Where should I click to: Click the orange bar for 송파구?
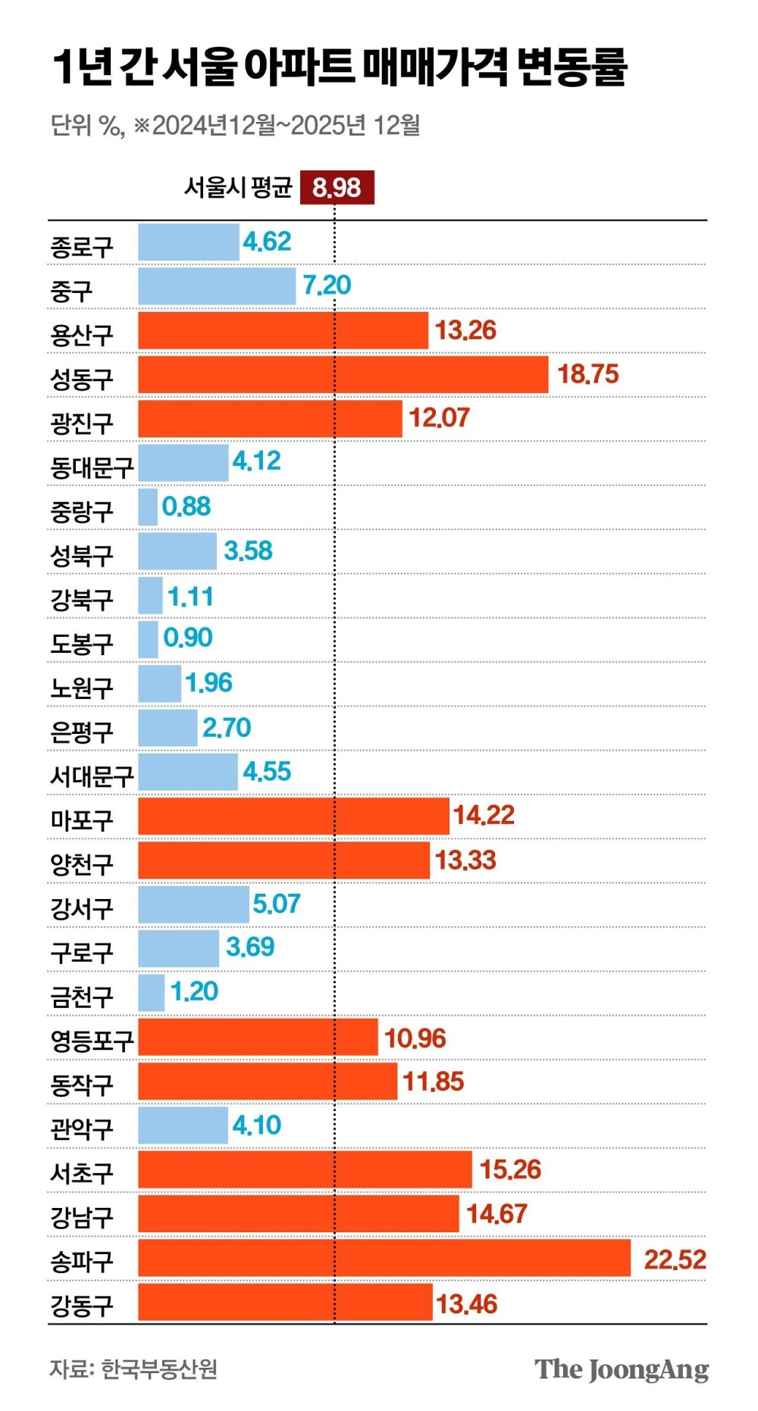384,1258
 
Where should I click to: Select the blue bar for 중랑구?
148,507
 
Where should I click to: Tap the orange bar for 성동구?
343,375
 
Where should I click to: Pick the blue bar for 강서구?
193,904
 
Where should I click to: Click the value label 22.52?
675,1260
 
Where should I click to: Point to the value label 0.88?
186,507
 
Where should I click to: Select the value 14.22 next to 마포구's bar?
484,815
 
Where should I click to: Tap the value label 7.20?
327,286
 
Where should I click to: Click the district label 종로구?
82,247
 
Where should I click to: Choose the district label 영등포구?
92,1041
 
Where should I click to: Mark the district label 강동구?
82,1306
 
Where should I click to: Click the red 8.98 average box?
337,187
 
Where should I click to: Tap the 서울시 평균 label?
238,187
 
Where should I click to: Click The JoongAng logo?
622,1369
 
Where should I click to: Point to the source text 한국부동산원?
159,1369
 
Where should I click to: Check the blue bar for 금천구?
152,992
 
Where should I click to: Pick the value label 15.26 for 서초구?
510,1169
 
